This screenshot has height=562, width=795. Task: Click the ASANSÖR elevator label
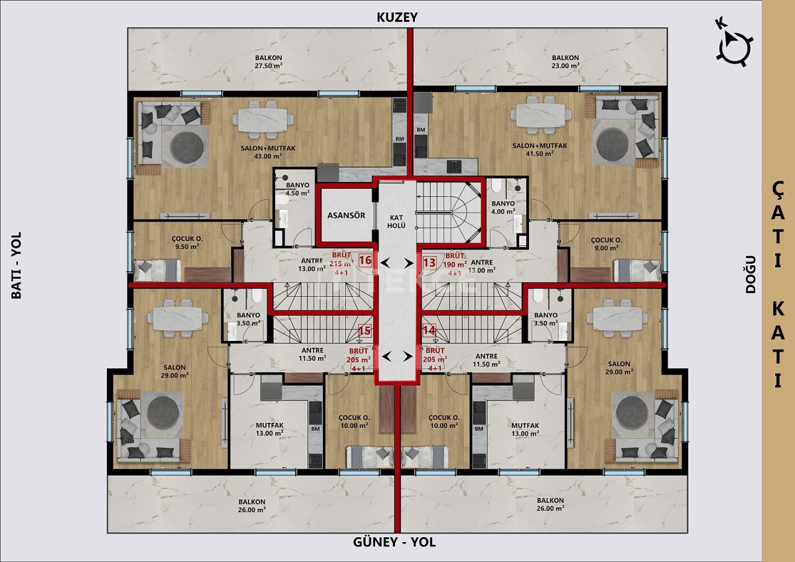click(347, 215)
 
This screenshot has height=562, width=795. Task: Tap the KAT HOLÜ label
click(397, 220)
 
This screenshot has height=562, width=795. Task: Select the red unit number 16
click(365, 261)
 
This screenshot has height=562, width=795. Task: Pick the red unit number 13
click(429, 262)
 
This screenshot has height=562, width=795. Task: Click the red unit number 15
click(365, 331)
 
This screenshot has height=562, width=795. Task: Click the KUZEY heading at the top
click(397, 17)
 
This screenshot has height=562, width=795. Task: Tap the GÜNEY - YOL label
click(394, 542)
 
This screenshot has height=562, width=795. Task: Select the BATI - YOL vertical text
click(17, 265)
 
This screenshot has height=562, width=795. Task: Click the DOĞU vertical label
click(751, 273)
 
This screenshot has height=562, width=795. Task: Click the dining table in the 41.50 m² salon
click(542, 116)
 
